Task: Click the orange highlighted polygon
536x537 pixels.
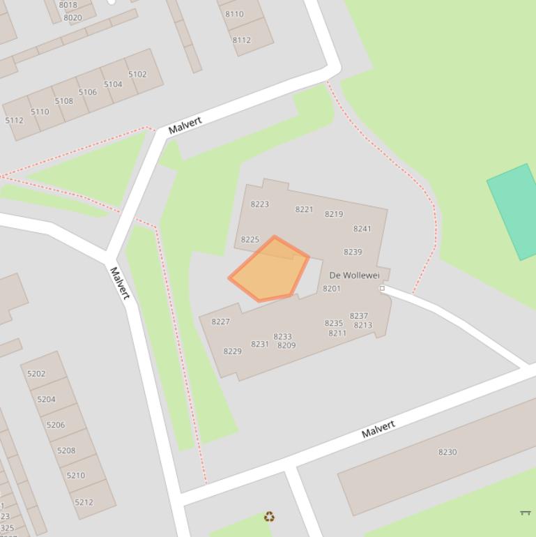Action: click(269, 270)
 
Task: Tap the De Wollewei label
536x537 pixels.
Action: click(354, 275)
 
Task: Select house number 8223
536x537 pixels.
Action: click(259, 204)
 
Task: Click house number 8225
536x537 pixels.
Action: click(250, 240)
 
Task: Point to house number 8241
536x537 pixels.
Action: click(362, 229)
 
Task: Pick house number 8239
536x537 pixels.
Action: click(353, 252)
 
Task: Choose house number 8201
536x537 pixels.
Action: click(332, 289)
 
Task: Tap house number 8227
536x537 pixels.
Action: click(220, 322)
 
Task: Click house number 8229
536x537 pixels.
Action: click(232, 351)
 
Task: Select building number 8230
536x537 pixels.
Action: click(447, 453)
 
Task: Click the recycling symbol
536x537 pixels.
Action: click(269, 517)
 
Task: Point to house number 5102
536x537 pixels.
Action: click(137, 75)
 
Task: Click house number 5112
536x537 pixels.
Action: click(14, 121)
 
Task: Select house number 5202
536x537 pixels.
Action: click(36, 374)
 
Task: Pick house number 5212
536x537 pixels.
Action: click(84, 502)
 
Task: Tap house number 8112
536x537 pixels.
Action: click(241, 40)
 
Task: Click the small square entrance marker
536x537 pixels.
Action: click(382, 289)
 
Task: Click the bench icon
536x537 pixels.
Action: click(526, 513)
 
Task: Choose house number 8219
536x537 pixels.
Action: click(334, 214)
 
